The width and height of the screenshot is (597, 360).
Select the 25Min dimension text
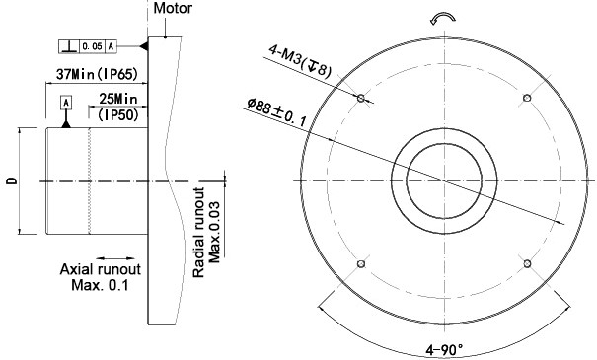pos(117,100)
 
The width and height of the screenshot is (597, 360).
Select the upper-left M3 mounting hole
pos(363,99)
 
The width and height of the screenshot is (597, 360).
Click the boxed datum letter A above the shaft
pos(66,103)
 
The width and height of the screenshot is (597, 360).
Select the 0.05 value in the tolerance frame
pos(91,46)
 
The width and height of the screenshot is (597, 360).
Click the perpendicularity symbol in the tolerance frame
pos(67,46)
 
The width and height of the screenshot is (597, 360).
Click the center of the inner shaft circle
pos(446,181)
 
